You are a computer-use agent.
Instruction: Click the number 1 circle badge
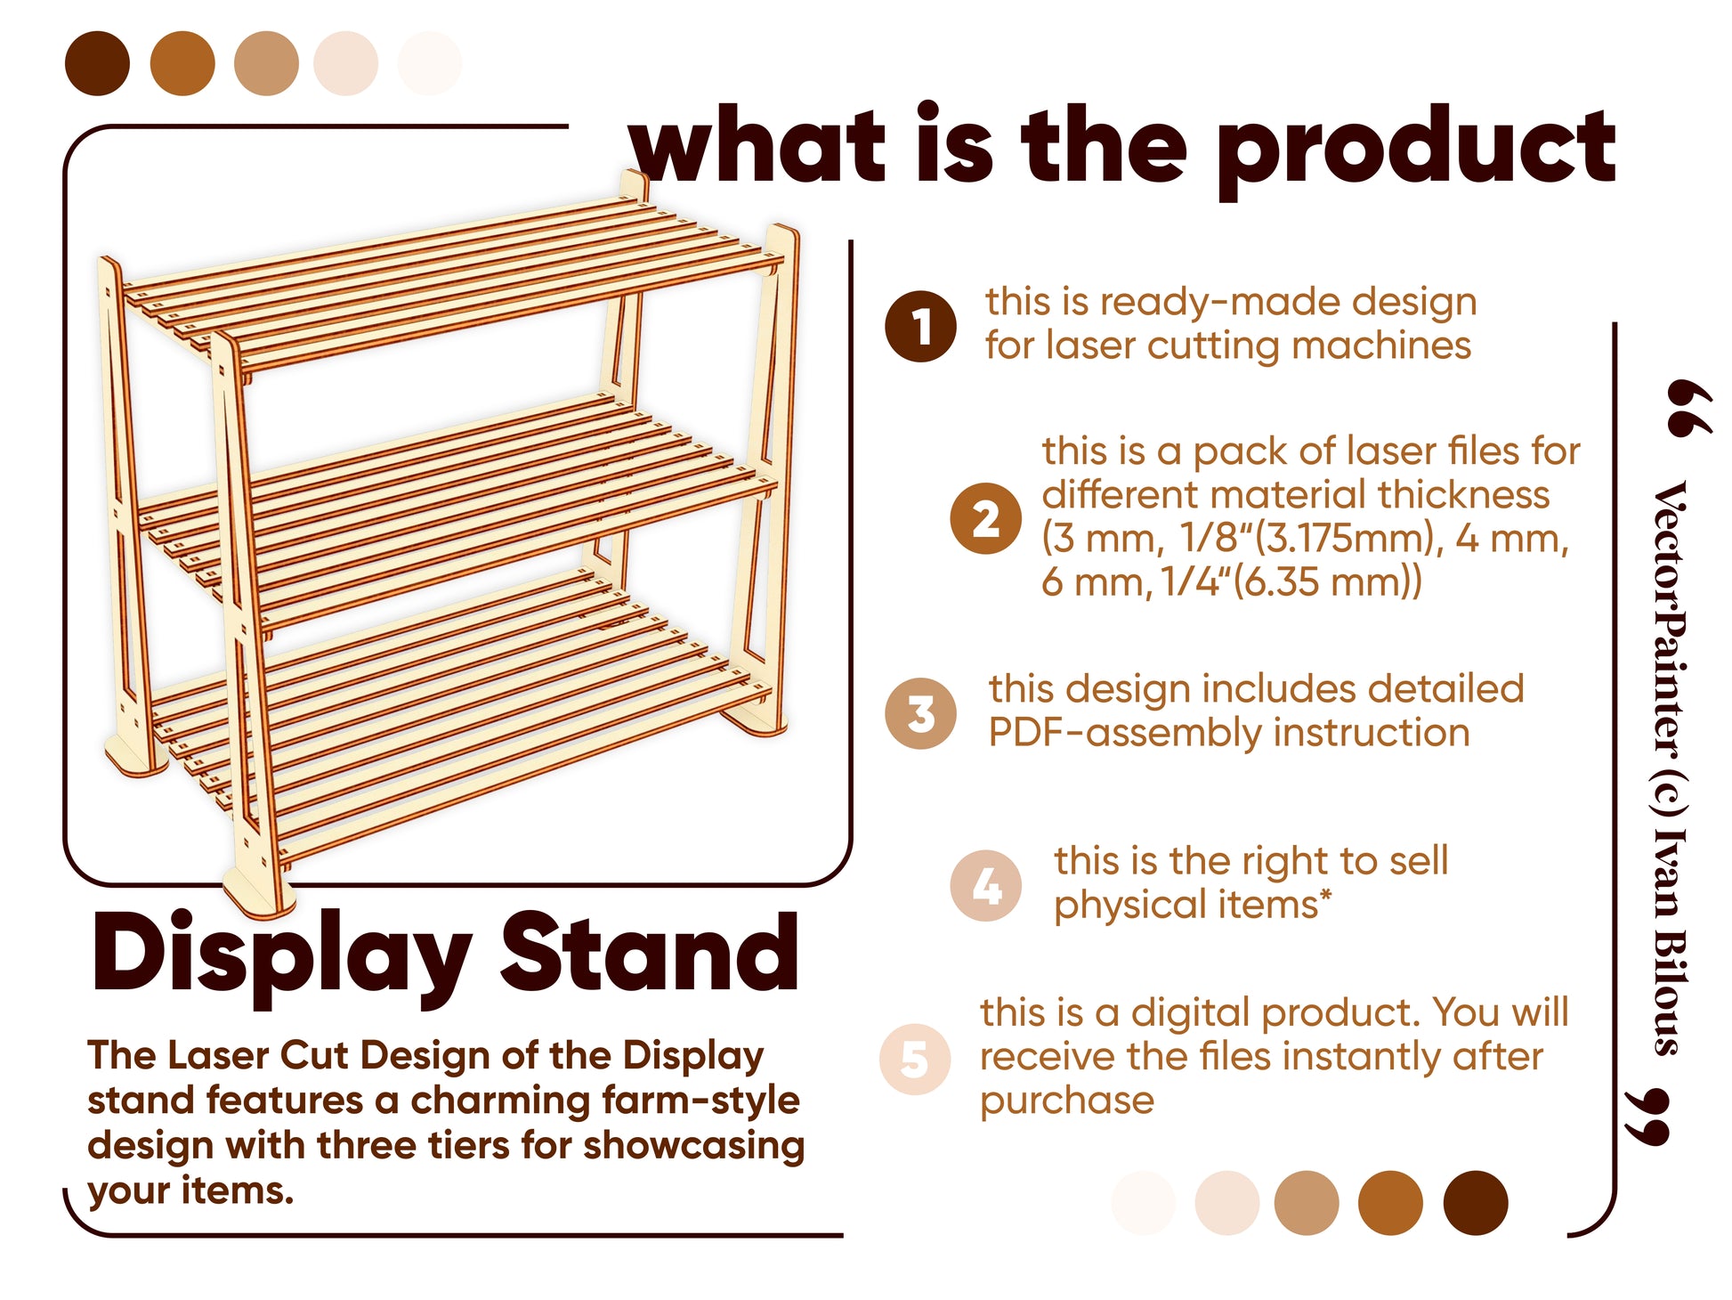click(920, 326)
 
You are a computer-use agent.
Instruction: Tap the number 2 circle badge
click(985, 518)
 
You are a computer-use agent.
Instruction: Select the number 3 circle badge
click(920, 713)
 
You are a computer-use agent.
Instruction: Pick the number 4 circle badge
click(985, 885)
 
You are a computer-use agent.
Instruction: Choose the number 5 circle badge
click(914, 1060)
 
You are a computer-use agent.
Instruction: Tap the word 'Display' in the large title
click(281, 957)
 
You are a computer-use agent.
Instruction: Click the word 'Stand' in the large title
click(649, 953)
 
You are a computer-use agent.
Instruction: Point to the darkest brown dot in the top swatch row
click(97, 63)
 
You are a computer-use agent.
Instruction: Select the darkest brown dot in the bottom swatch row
click(1475, 1203)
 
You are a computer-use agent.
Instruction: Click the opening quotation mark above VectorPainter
click(1689, 409)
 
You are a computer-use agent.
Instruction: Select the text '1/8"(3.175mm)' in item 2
click(1309, 539)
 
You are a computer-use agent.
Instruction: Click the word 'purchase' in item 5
click(1066, 1101)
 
